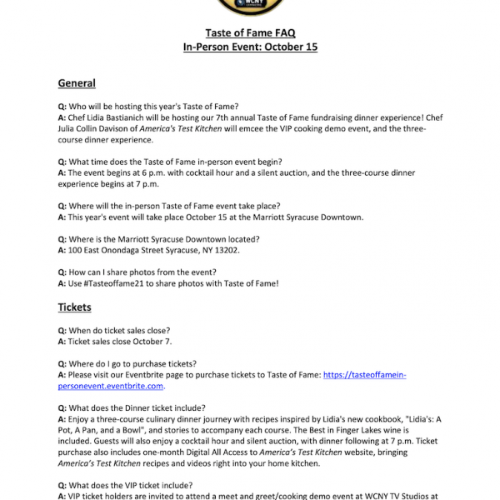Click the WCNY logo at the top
(x=250, y=7)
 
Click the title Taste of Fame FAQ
(x=250, y=32)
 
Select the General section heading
(x=77, y=83)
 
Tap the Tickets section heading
(x=74, y=307)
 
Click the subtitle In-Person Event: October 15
(x=250, y=47)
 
